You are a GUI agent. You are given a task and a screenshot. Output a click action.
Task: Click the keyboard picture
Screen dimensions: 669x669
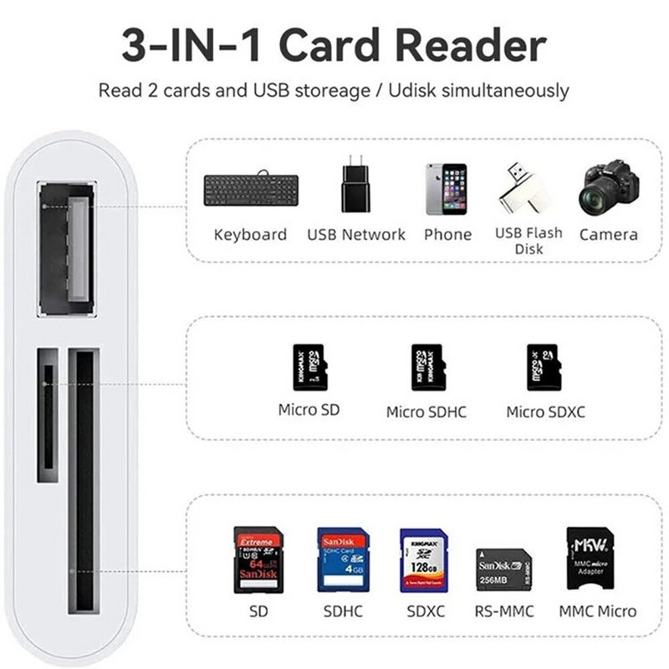pos(250,190)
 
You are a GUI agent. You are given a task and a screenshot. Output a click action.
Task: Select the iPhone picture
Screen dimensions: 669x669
pos(447,190)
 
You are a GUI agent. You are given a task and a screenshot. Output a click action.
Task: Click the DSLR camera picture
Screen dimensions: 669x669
pos(609,188)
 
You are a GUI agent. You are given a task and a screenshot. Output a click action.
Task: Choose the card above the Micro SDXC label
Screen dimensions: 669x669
pos(544,366)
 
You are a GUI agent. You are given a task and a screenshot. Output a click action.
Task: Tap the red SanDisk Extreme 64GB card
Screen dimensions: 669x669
pos(258,559)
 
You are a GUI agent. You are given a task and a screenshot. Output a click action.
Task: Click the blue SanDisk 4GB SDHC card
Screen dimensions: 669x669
pos(343,559)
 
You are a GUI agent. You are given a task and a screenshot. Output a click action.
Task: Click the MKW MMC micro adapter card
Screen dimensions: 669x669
pos(590,558)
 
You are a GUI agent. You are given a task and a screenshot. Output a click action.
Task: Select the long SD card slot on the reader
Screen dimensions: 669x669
pos(84,482)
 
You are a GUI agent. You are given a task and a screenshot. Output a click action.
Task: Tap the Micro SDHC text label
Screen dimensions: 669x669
pos(426,412)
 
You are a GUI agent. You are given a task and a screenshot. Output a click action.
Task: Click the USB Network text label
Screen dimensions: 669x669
pos(356,235)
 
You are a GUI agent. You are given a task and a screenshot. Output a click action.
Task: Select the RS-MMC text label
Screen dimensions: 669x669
pos(503,611)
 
